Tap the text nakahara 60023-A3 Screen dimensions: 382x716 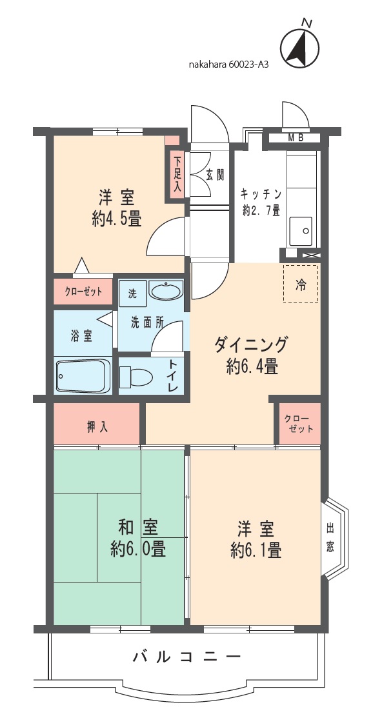(x=228, y=65)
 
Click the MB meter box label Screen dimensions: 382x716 (x=296, y=138)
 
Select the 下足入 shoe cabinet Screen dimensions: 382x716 (x=177, y=174)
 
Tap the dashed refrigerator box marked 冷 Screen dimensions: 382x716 (x=300, y=284)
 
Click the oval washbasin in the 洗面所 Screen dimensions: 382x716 (x=165, y=290)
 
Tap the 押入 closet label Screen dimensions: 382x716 (x=97, y=427)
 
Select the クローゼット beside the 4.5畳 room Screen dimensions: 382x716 (x=83, y=292)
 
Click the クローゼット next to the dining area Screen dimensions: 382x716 (x=299, y=423)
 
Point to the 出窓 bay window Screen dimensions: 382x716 (x=335, y=537)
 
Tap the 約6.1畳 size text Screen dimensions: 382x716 (x=256, y=550)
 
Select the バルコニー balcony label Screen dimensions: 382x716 (x=186, y=657)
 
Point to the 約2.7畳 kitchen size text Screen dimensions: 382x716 (x=261, y=210)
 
